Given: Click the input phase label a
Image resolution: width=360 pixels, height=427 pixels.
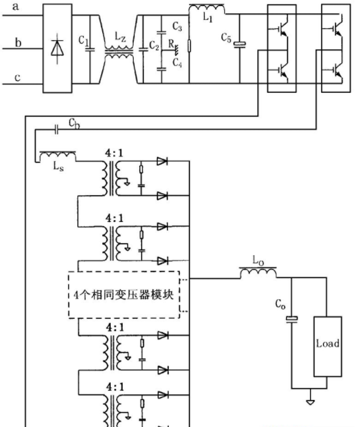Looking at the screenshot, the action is click(16, 7).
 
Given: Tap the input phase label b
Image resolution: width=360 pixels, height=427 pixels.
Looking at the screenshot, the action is click(18, 43).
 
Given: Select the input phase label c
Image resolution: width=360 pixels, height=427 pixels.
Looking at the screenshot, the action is click(17, 78).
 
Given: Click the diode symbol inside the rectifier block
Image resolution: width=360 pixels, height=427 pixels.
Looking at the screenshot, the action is click(57, 49).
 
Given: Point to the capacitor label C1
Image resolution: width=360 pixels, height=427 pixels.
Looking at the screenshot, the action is click(84, 41).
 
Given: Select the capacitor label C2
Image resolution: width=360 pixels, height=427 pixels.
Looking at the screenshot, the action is click(154, 46).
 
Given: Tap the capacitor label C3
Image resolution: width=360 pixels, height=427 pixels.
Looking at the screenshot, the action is click(177, 26).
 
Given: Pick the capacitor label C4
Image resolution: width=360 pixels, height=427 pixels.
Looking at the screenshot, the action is click(177, 63).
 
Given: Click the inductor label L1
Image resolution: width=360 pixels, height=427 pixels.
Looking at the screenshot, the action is click(208, 17).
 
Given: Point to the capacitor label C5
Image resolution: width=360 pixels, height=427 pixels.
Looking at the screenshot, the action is click(226, 38).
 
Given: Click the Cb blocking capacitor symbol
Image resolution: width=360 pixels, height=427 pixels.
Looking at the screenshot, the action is click(56, 130).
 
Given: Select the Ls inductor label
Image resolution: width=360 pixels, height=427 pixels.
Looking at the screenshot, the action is click(59, 166).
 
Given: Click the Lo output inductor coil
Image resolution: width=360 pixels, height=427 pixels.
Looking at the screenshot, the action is click(258, 272).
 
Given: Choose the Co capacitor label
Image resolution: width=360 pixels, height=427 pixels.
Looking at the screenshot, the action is click(280, 304).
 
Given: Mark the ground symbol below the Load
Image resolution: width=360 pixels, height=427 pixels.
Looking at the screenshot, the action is click(311, 401).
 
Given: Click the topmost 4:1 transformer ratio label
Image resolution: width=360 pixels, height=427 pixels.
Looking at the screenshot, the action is click(115, 153).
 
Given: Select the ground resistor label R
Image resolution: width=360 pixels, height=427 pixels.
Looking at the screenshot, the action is click(171, 43).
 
